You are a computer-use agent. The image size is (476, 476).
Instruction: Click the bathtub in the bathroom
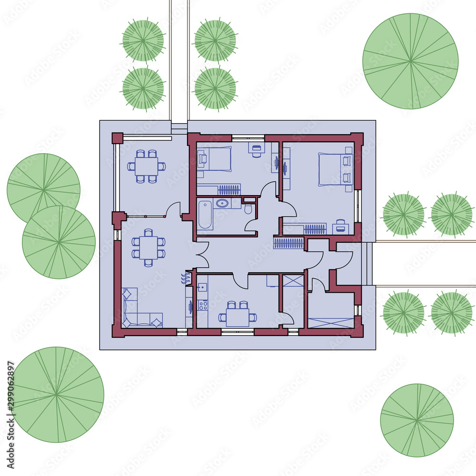pos(205,215)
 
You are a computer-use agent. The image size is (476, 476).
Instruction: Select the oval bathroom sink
pos(222,203)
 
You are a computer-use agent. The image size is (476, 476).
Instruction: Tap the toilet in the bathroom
pos(248,209)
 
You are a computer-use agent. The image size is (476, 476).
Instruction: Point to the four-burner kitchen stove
pos(202,304)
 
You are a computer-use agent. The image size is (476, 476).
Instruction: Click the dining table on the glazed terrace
pos(147,166)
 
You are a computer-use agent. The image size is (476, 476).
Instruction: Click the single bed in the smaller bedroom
pos(215,159)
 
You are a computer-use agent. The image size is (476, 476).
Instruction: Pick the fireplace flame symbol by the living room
pos(185,278)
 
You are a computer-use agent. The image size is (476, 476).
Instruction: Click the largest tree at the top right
pos(410,61)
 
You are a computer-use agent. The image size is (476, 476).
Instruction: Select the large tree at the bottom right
pos(417,420)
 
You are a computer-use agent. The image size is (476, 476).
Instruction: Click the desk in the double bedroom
pos(341,227)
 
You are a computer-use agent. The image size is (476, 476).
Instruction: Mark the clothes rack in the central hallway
pos(288,243)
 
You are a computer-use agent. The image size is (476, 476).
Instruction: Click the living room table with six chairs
pos(149,248)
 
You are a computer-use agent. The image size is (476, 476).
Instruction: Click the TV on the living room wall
pos(190,307)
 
